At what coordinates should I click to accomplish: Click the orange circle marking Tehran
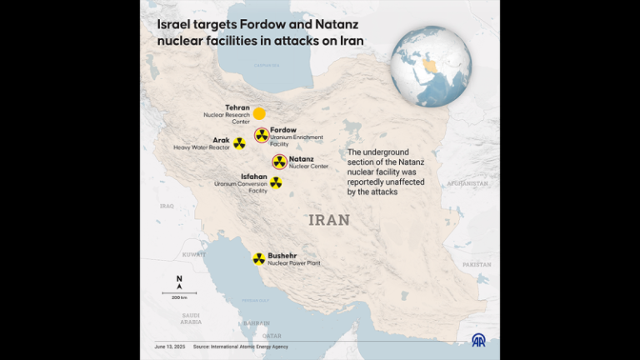(x=259, y=113)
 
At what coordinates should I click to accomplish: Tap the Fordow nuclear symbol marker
(x=262, y=136)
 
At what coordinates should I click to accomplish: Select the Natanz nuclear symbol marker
(x=279, y=162)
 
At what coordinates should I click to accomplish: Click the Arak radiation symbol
(x=239, y=143)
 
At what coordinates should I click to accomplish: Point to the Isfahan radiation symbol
(x=275, y=182)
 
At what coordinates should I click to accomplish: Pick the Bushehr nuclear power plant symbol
(x=259, y=259)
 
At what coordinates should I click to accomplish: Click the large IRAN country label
(x=329, y=220)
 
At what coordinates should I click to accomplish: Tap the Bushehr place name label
(x=282, y=255)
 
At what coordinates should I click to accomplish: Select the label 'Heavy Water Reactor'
(x=201, y=147)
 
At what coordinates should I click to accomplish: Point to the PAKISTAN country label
(x=477, y=264)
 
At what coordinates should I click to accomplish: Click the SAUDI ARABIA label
(x=191, y=318)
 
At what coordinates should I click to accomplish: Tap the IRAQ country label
(x=167, y=206)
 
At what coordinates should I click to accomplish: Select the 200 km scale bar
(x=179, y=294)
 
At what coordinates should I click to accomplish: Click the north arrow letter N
(x=179, y=278)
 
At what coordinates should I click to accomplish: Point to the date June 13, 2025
(x=168, y=347)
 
